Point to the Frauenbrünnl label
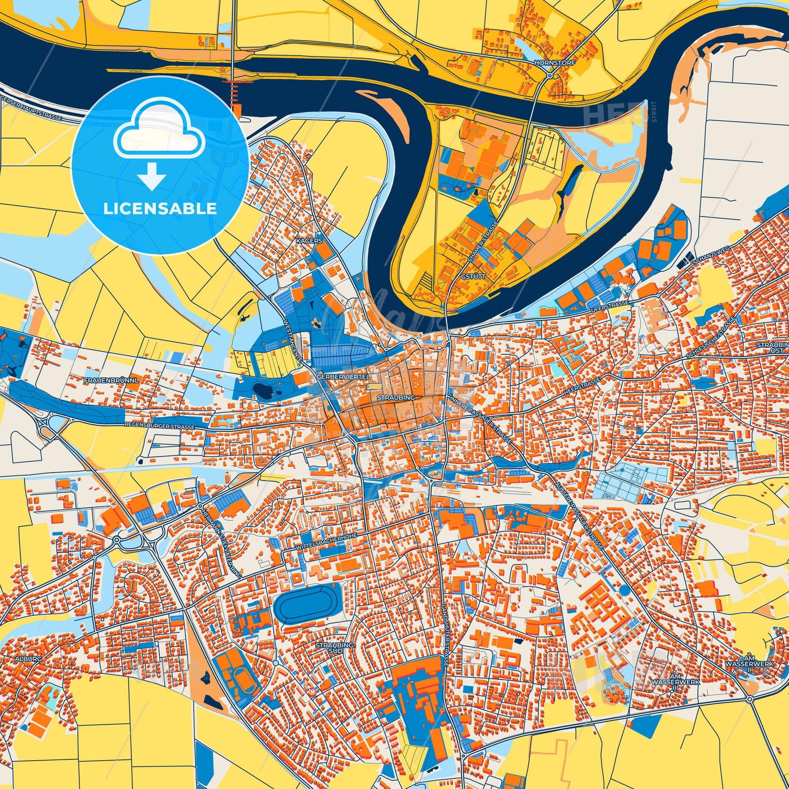click(x=111, y=380)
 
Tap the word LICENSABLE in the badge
click(x=160, y=209)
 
